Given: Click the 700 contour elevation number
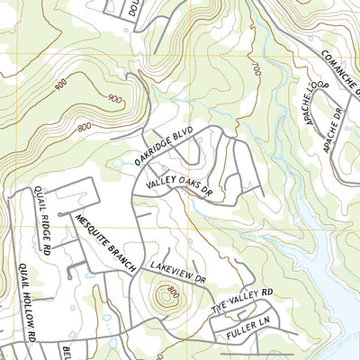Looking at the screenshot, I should [256, 67].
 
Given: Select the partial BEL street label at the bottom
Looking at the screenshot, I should [66, 349].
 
